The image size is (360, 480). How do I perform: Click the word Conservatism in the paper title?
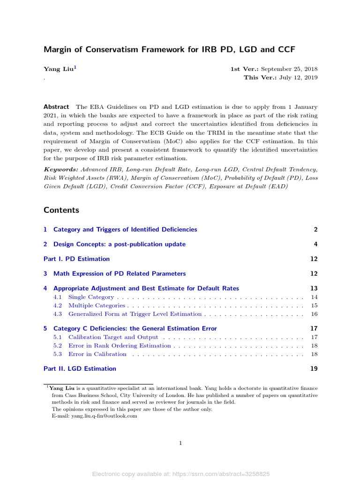click(100, 49)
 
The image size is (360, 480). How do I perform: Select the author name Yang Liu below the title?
click(58, 69)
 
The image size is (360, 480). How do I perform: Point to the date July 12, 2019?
click(298, 77)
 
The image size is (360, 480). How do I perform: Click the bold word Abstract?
click(56, 107)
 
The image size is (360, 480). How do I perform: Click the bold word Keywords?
click(60, 169)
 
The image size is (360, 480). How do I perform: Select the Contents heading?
click(61, 210)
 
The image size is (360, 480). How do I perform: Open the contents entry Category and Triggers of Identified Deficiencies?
click(125, 229)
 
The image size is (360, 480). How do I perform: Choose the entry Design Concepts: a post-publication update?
click(120, 244)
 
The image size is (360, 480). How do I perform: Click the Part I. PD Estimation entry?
click(76, 259)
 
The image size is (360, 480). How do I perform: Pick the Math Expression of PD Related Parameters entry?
click(120, 273)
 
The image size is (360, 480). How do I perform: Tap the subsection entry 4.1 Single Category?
click(91, 297)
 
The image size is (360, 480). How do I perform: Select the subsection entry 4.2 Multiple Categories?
click(96, 305)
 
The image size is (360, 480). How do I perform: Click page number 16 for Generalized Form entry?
click(314, 314)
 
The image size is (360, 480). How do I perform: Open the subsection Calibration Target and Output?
click(113, 337)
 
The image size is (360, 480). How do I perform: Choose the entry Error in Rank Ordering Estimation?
click(119, 345)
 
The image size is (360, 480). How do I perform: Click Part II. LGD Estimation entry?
click(80, 368)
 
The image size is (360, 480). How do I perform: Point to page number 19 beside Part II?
click(314, 368)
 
